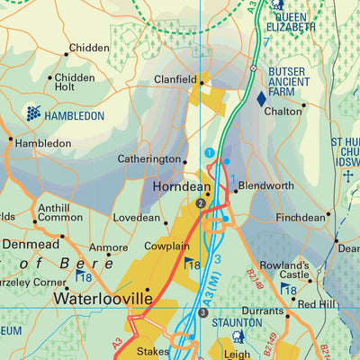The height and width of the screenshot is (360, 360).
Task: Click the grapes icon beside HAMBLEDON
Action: click(x=33, y=113)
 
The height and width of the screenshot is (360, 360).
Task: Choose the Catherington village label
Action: click(x=148, y=159)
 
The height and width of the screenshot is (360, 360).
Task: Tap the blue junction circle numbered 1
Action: click(x=210, y=154)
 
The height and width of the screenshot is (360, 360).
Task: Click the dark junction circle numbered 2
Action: click(x=201, y=204)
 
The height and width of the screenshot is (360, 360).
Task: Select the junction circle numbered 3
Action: click(x=203, y=312)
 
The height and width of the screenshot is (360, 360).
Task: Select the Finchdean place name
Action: click(x=301, y=218)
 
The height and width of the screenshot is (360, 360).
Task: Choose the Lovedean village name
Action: click(x=136, y=218)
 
